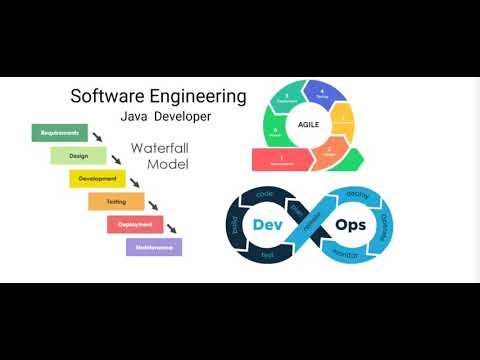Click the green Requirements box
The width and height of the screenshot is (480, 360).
tap(61, 131)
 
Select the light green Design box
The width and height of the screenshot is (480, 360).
tap(78, 155)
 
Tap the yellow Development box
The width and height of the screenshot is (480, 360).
tap(97, 179)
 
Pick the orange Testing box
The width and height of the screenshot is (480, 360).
tap(116, 202)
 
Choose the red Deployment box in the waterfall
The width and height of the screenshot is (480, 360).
tap(135, 224)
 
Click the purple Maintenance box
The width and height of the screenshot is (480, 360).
tap(153, 246)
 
